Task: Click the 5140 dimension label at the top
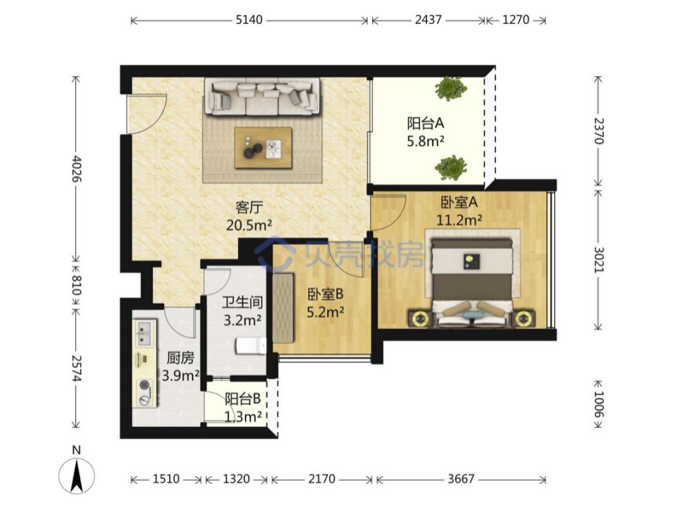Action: click(x=249, y=20)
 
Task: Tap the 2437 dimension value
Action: click(x=428, y=20)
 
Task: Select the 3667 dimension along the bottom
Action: click(x=461, y=479)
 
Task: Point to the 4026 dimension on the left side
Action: click(x=76, y=168)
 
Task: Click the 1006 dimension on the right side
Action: click(x=598, y=404)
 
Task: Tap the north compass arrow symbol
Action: click(x=77, y=476)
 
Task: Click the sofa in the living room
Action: click(x=262, y=97)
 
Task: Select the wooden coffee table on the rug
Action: click(x=263, y=148)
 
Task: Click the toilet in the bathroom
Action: click(x=251, y=346)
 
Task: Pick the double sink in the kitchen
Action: click(x=145, y=334)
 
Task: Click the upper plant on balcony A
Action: click(x=451, y=88)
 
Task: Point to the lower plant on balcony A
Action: click(x=451, y=167)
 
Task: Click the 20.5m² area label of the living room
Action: click(x=249, y=225)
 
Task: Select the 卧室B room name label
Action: click(x=325, y=294)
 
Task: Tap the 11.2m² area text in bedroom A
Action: click(x=459, y=220)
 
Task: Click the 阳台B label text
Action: click(x=243, y=399)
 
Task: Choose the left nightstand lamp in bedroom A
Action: click(x=419, y=319)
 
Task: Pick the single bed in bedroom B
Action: click(x=283, y=308)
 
